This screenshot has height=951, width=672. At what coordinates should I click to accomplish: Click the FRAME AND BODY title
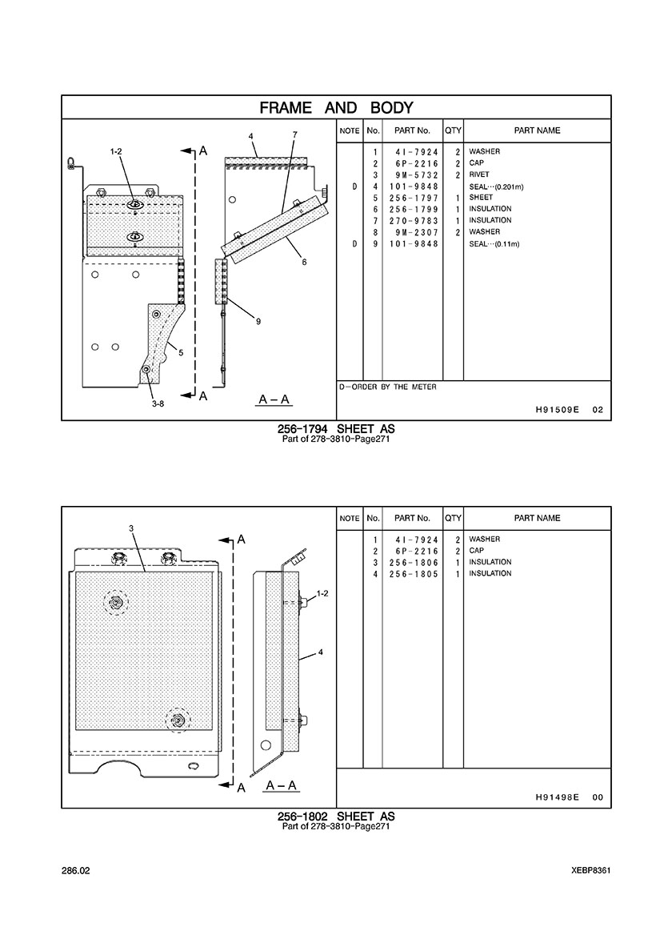336,108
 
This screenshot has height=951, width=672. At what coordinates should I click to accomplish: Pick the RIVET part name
479,175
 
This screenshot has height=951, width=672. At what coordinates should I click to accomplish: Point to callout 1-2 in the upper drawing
116,151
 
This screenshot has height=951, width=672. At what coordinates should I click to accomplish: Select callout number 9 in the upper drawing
258,322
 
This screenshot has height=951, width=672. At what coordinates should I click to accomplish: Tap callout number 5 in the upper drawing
181,352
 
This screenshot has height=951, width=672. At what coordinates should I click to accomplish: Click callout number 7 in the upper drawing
294,134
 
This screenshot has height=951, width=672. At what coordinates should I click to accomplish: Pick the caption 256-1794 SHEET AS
336,430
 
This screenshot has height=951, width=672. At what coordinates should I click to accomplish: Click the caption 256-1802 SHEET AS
336,817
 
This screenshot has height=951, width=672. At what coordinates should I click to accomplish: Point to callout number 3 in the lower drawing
130,528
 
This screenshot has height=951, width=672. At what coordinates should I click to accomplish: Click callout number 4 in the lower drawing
320,652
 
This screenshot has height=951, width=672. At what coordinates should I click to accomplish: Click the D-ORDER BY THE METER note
388,387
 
